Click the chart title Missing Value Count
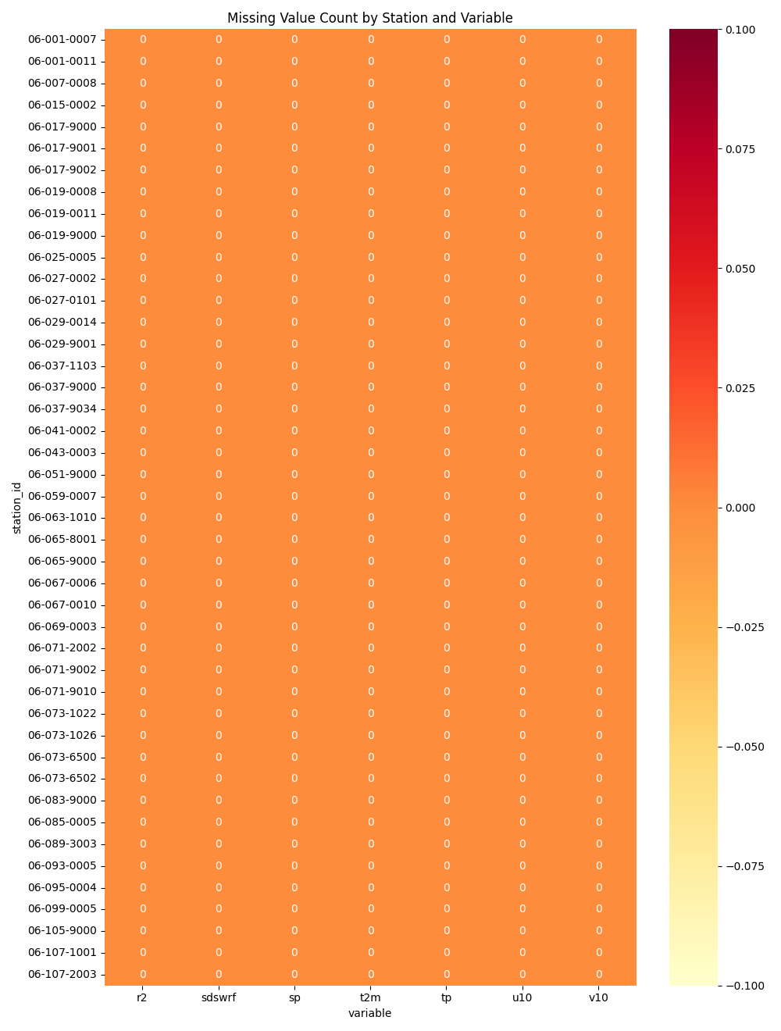369,18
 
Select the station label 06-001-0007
62,39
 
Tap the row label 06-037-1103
62,366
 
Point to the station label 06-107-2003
62,974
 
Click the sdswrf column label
219,997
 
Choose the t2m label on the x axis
370,997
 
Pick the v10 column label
598,997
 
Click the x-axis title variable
369,1013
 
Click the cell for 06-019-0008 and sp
294,191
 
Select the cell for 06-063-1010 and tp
447,517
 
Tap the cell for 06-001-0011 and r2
143,61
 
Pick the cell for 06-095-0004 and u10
522,887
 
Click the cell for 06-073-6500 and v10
598,757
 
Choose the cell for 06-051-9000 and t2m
370,474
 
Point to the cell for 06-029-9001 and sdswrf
219,344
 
